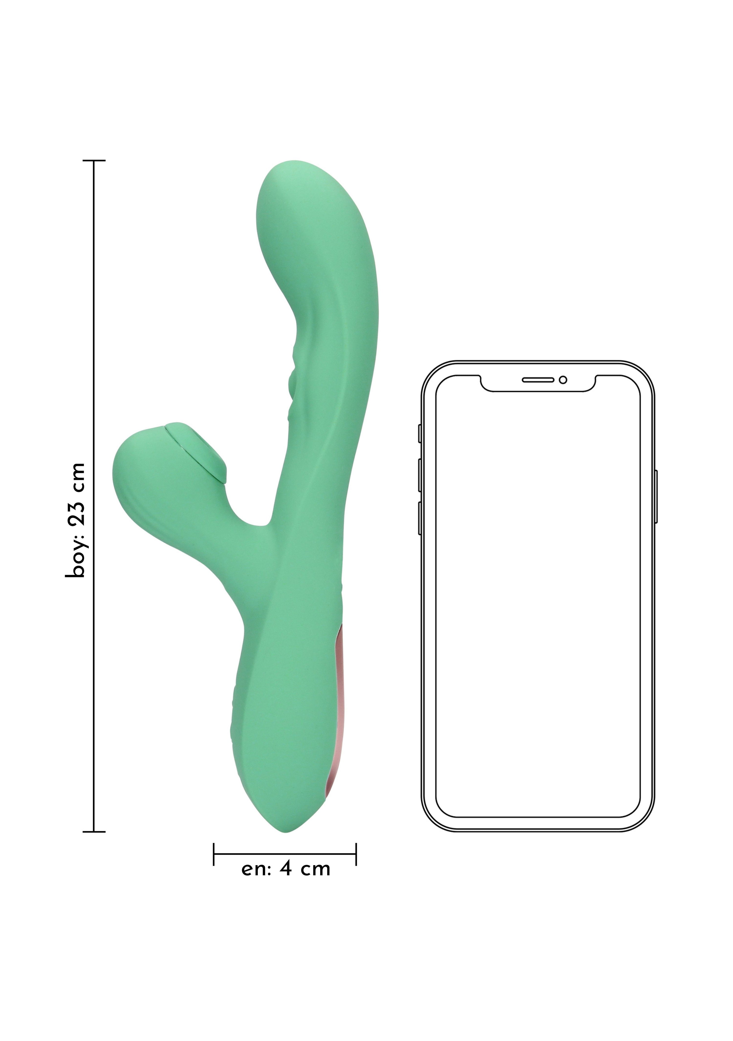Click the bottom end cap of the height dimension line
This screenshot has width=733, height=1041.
click(x=94, y=832)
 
